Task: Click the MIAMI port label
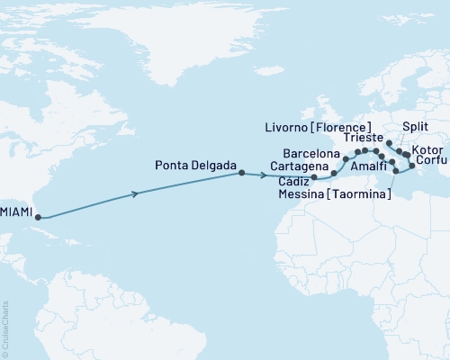click(18, 212)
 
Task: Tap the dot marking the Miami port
click(38, 216)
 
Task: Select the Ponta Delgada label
click(195, 166)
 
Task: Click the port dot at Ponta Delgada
click(241, 174)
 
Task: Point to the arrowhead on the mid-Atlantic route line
click(136, 193)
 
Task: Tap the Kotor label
click(427, 148)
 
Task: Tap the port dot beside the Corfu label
click(412, 166)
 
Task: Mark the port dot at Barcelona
click(346, 158)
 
